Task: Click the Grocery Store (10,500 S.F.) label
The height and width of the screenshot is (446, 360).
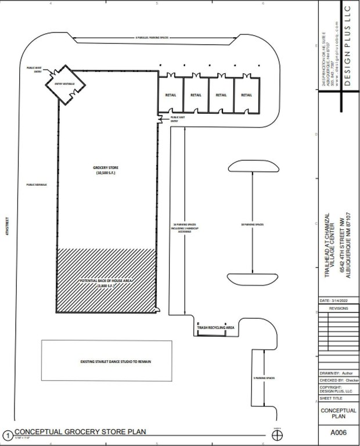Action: tap(106, 170)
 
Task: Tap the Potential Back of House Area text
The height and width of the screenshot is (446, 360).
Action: tap(106, 283)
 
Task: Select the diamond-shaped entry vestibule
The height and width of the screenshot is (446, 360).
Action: tap(66, 84)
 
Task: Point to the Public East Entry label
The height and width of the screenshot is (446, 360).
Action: tap(178, 119)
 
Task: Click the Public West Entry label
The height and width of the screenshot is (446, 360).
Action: tap(34, 69)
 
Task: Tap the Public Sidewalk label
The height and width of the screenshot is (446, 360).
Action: tap(35, 185)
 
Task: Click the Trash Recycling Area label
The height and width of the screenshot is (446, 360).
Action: tap(215, 328)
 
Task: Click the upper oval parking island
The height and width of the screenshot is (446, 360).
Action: tap(254, 166)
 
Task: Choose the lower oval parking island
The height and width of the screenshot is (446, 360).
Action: tap(254, 279)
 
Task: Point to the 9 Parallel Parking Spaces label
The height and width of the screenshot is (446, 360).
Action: tap(152, 38)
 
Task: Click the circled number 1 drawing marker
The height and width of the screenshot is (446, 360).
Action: tap(8, 434)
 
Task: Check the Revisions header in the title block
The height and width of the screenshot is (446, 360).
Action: tap(339, 309)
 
